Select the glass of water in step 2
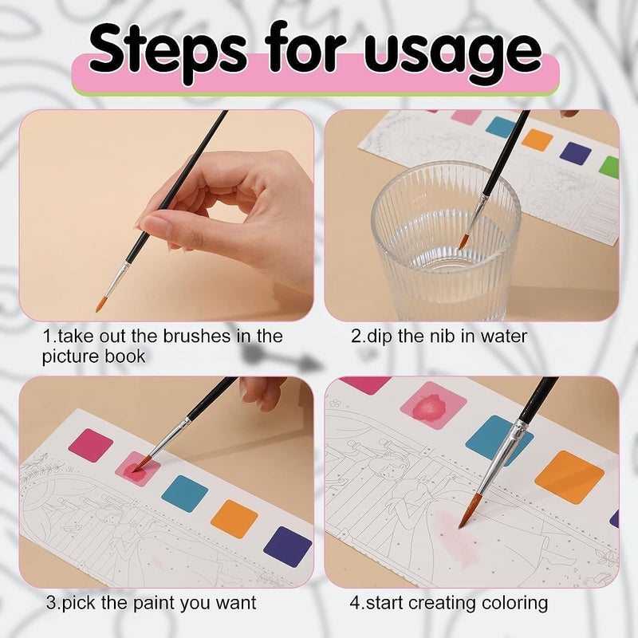point(447,231)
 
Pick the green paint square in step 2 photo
point(610,167)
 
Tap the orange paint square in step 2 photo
point(538,140)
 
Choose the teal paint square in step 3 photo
point(184,493)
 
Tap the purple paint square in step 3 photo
point(287,546)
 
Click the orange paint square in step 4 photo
point(569,477)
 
